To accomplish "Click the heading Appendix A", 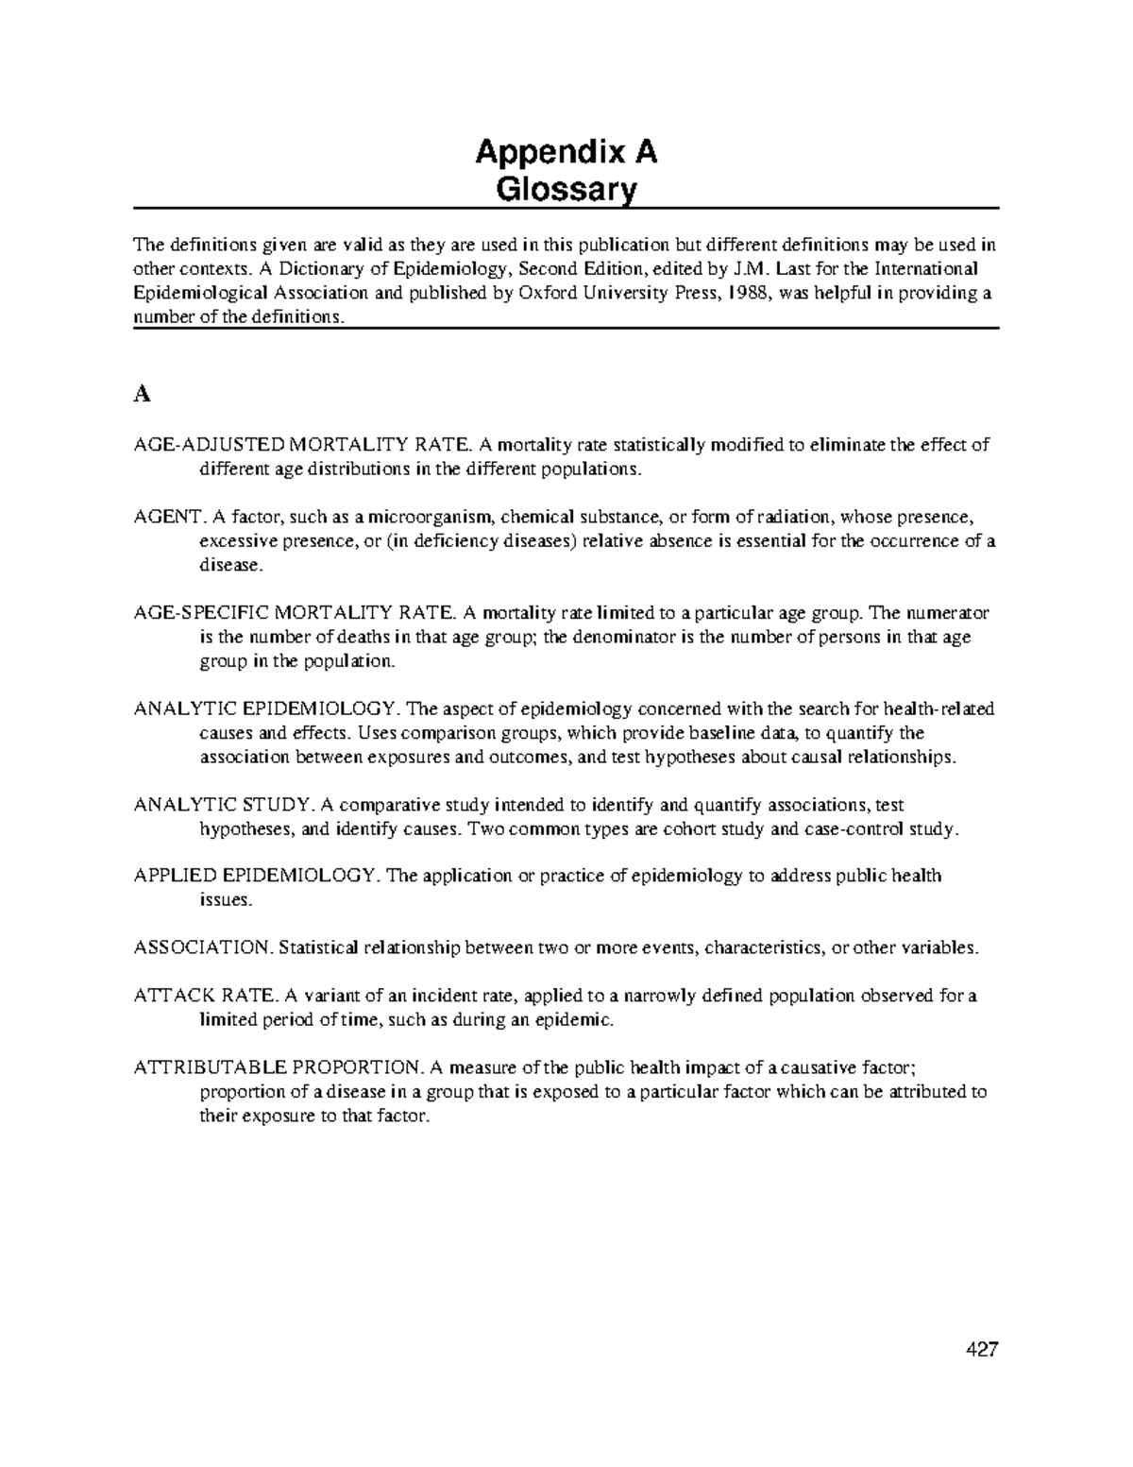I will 566,151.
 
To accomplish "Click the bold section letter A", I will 142,395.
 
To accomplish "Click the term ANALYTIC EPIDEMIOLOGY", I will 267,709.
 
